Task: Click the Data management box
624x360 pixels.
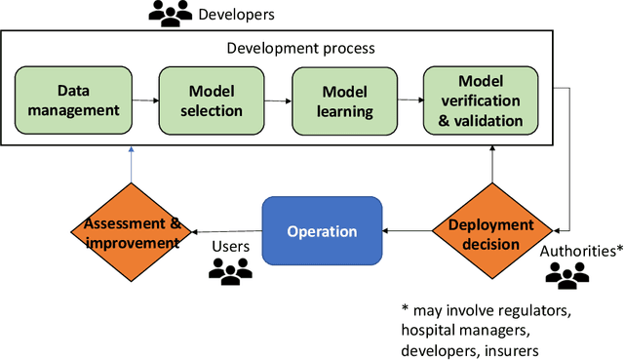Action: (x=74, y=101)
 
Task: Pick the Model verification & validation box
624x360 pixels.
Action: (x=480, y=101)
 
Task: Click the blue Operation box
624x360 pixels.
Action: (x=321, y=232)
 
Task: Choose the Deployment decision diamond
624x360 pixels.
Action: (x=491, y=232)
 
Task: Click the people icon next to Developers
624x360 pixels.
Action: (x=169, y=14)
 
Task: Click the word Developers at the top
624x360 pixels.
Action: (x=236, y=15)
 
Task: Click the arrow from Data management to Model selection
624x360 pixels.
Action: (x=146, y=100)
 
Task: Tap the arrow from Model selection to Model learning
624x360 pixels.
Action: (x=279, y=100)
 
